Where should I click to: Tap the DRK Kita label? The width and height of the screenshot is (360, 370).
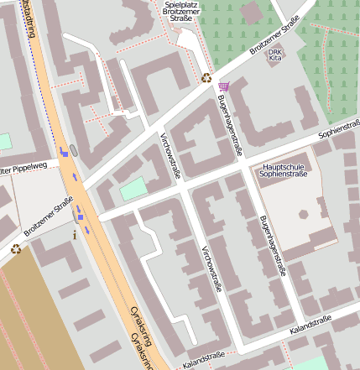click(x=274, y=55)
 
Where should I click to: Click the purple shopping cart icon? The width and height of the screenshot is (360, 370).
click(x=223, y=86)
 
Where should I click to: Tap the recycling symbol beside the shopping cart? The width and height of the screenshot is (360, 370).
click(x=206, y=78)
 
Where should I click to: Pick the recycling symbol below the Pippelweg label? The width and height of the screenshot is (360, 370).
click(x=15, y=248)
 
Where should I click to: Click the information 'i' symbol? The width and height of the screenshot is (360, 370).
click(x=76, y=235)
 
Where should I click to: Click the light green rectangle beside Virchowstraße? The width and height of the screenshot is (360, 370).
click(x=133, y=189)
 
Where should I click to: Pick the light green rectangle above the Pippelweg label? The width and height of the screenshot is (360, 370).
click(x=3, y=142)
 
